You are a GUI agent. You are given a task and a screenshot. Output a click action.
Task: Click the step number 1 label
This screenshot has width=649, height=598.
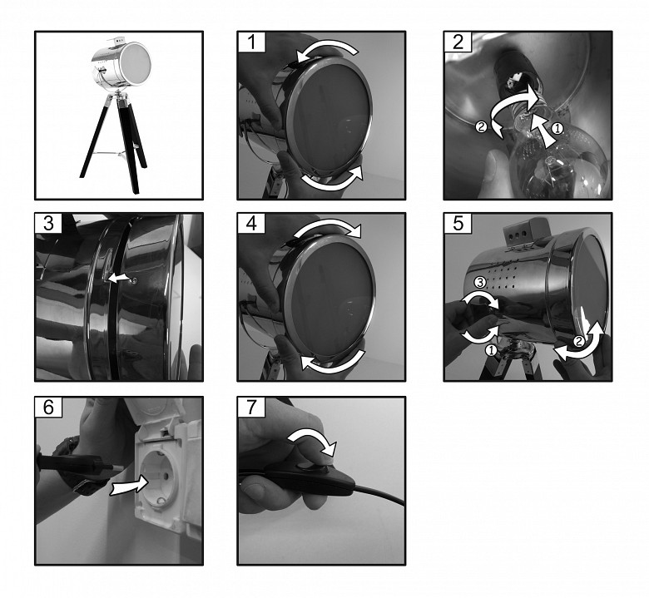pyautogui.click(x=251, y=42)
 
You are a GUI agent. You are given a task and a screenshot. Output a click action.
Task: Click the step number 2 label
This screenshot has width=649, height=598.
pyautogui.click(x=458, y=42)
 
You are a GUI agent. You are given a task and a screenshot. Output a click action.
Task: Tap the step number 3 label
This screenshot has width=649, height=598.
pyautogui.click(x=48, y=224)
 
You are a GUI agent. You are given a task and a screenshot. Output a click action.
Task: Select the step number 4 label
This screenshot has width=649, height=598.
pyautogui.click(x=251, y=224)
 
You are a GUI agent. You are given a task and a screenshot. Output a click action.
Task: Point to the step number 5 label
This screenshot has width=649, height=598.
pyautogui.click(x=458, y=224)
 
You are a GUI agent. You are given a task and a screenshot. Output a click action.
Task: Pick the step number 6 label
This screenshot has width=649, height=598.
pyautogui.click(x=48, y=408)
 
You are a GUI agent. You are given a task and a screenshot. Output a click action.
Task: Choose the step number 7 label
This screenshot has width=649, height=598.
pyautogui.click(x=251, y=408)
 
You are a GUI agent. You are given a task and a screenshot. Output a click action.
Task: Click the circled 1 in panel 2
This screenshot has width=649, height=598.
pyautogui.click(x=557, y=129)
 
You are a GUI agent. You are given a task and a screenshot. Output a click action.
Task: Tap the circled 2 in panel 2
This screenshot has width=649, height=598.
pyautogui.click(x=482, y=126)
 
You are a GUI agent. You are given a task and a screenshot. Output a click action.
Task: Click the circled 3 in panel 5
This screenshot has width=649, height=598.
pyautogui.click(x=480, y=283)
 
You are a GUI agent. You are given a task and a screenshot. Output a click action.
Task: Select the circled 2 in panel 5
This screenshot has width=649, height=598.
pyautogui.click(x=578, y=342)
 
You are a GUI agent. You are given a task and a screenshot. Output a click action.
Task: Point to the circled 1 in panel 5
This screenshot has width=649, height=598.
pyautogui.click(x=491, y=350)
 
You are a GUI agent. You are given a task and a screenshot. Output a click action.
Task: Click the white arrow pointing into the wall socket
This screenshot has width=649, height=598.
pyautogui.click(x=129, y=485)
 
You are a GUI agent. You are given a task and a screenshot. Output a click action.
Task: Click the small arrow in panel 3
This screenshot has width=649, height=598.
pyautogui.click(x=120, y=279)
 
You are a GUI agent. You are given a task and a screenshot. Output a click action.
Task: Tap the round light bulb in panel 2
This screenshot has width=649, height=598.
pyautogui.click(x=559, y=161)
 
